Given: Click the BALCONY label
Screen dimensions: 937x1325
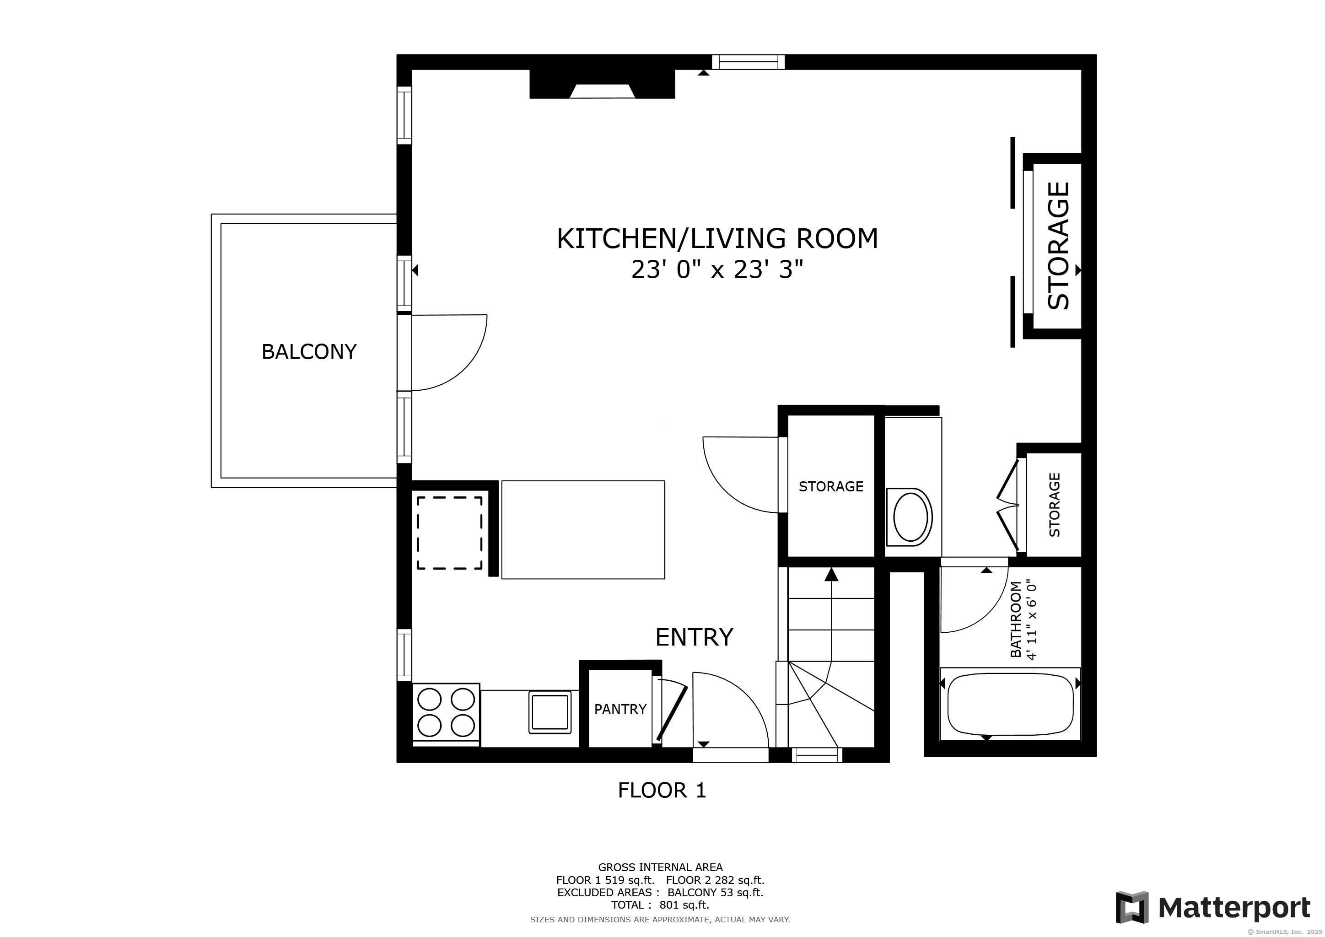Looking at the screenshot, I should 309,351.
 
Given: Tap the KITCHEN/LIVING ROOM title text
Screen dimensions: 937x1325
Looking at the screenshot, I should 717,239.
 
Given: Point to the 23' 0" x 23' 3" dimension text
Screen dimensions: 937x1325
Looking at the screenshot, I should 717,269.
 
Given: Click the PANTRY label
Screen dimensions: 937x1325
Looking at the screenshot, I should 620,709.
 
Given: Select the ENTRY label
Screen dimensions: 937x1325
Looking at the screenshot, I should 694,637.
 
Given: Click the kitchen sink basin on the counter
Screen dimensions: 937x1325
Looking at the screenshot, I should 550,712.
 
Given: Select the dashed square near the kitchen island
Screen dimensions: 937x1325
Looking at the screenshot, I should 450,533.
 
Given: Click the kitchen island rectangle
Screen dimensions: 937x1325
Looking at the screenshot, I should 583,530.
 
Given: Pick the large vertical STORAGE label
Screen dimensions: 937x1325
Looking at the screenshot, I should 1058,246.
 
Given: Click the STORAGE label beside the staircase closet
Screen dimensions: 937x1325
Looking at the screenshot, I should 830,486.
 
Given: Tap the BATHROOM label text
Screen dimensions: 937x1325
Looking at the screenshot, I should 1016,619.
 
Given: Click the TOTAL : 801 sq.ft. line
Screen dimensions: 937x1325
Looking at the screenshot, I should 660,905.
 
